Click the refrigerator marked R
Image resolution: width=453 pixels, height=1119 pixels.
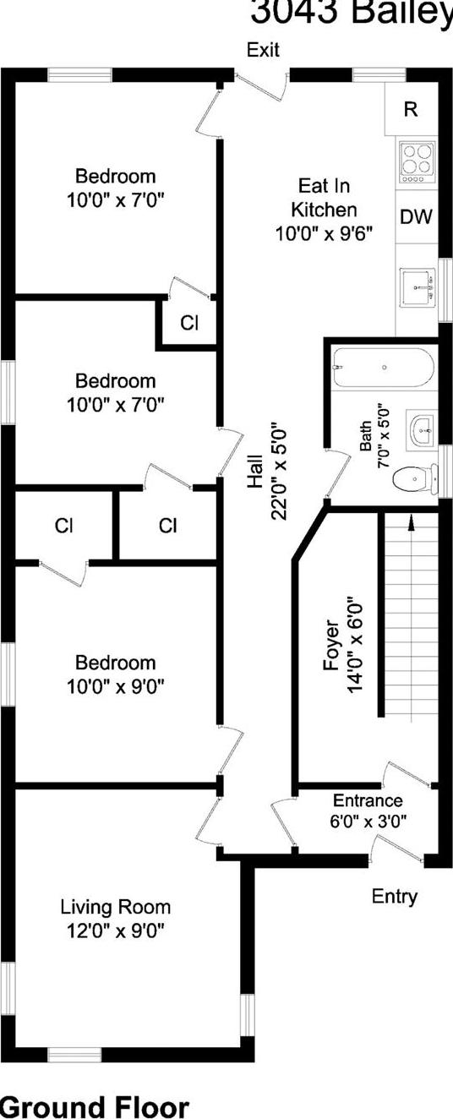click(x=411, y=109)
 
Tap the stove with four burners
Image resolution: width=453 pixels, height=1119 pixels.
click(x=416, y=162)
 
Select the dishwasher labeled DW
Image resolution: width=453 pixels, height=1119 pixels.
click(x=416, y=217)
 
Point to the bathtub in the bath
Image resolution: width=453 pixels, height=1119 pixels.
click(x=383, y=368)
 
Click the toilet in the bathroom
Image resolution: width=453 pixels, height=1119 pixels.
click(x=413, y=479)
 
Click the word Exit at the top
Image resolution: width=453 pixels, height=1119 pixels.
click(x=263, y=51)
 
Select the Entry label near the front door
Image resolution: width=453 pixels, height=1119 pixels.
click(x=395, y=897)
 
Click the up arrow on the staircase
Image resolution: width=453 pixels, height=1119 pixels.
click(x=411, y=522)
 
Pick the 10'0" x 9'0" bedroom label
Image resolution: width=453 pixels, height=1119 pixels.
click(x=115, y=674)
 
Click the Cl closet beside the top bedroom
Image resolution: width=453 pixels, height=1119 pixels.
click(x=188, y=322)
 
